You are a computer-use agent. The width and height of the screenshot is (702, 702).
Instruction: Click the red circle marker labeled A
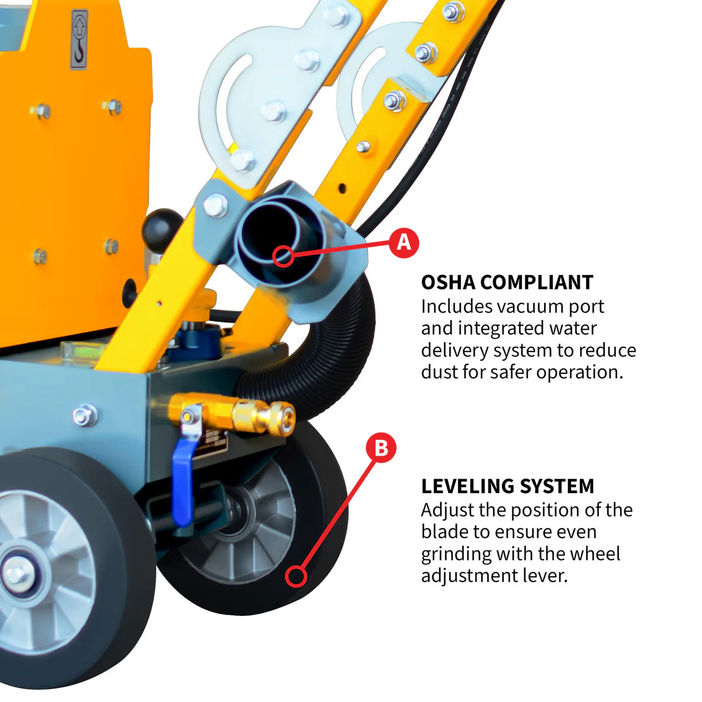pyautogui.click(x=404, y=242)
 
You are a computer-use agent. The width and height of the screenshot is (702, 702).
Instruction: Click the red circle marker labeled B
pyautogui.click(x=381, y=448)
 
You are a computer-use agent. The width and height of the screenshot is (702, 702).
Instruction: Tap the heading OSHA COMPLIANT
pyautogui.click(x=507, y=282)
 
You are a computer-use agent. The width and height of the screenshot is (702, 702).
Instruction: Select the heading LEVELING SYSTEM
pyautogui.click(x=507, y=486)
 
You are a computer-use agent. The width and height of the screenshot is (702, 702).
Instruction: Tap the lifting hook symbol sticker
pyautogui.click(x=79, y=39)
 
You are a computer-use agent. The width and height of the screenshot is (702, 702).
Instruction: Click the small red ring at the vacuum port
pyautogui.click(x=284, y=255)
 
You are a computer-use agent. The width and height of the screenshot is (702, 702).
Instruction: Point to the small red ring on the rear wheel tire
pyautogui.click(x=297, y=576)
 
